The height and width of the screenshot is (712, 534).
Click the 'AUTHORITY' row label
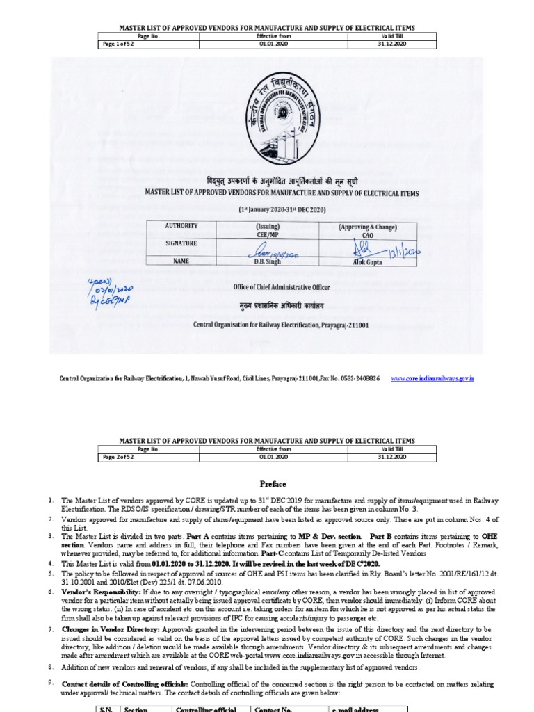click(x=181, y=226)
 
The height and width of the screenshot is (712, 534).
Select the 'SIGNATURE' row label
click(x=181, y=243)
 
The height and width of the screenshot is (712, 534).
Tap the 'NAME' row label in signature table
click(x=181, y=261)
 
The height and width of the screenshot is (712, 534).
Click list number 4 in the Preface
click(x=51, y=562)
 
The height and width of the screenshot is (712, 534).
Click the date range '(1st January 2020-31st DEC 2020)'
click(x=281, y=209)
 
